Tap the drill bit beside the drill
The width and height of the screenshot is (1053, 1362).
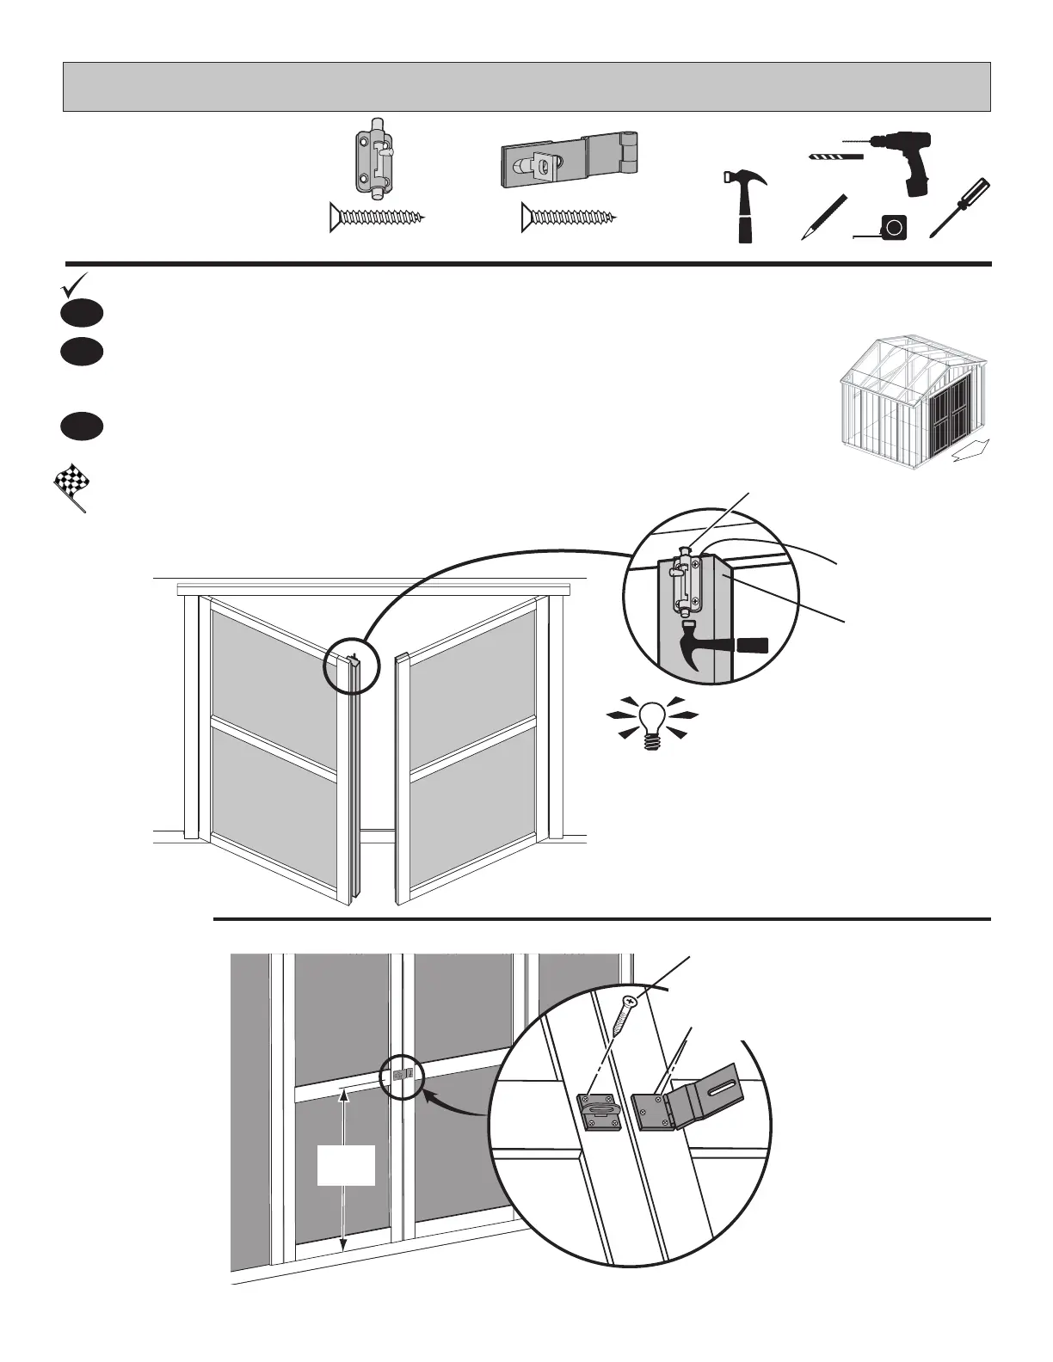[835, 156]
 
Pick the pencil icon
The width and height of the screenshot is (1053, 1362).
[823, 217]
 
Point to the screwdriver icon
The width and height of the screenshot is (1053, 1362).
[959, 208]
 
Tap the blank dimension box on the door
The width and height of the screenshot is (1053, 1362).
[346, 1165]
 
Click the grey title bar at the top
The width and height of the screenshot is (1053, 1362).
[526, 87]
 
